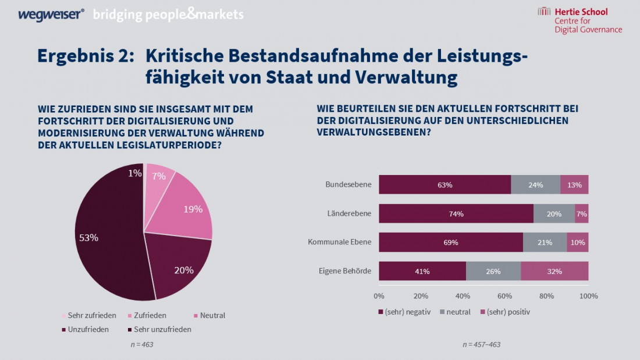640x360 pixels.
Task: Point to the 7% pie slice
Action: (x=158, y=177)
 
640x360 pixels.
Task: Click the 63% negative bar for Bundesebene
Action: (x=445, y=184)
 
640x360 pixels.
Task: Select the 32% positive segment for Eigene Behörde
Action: (x=554, y=271)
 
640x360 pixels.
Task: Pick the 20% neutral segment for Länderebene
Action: (x=554, y=213)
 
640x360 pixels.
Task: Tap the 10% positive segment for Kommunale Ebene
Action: (x=578, y=243)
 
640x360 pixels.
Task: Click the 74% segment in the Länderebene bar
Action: (x=456, y=213)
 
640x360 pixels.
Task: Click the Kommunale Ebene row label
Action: (x=339, y=242)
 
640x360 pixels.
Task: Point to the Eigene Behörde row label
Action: (x=345, y=270)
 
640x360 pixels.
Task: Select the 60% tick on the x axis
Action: (x=505, y=296)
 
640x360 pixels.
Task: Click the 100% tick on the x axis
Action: (x=589, y=296)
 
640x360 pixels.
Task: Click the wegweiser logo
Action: (x=51, y=14)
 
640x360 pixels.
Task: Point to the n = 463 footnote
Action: (x=141, y=344)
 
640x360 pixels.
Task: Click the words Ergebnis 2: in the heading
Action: (x=86, y=56)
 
